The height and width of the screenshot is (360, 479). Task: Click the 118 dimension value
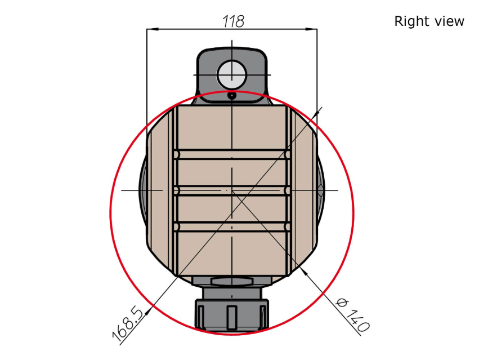(233, 21)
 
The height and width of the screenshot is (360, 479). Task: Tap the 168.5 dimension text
(128, 324)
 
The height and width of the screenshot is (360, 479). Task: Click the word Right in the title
(409, 21)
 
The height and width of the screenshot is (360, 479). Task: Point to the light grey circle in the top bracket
(232, 75)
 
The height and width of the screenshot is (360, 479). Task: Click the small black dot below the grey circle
(232, 96)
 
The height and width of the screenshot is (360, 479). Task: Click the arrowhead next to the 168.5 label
(149, 312)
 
